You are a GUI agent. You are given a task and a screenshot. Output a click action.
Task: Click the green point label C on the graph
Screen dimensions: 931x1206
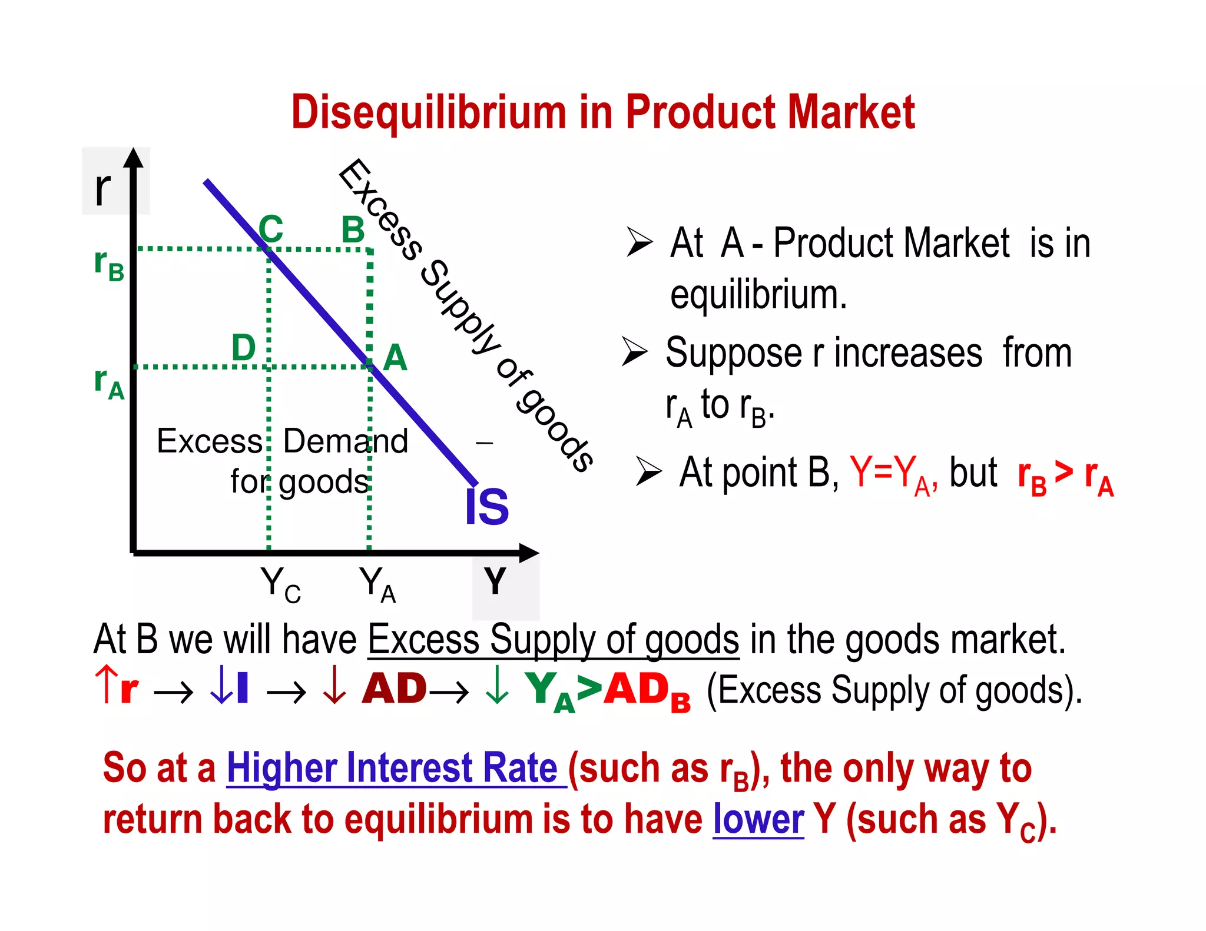click(271, 228)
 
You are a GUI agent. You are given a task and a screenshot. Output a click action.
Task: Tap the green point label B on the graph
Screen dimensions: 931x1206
click(353, 230)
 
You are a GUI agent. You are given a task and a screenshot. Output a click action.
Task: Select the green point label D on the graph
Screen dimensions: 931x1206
click(243, 347)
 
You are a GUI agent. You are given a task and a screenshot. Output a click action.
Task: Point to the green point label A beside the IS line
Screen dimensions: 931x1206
click(395, 357)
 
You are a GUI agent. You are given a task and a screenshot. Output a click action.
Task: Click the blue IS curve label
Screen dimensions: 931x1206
click(486, 507)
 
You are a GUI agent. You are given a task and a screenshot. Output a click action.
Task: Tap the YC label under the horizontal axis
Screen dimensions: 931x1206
click(280, 584)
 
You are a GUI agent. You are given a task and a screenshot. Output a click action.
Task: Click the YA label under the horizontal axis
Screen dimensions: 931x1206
click(377, 584)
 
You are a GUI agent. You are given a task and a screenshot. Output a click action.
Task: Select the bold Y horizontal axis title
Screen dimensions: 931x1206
click(495, 581)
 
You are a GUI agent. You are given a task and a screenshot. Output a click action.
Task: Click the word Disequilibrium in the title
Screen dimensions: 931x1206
click(428, 112)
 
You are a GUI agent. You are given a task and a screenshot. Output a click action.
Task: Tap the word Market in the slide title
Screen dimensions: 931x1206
click(851, 112)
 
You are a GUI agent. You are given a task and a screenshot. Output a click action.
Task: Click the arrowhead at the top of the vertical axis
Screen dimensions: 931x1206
click(134, 158)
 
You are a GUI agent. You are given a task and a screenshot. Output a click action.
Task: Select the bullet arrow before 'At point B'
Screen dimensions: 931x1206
click(648, 472)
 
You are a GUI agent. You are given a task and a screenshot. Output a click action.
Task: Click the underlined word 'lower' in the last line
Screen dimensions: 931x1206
click(758, 819)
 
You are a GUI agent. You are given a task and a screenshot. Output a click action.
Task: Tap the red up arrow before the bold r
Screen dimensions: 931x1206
click(106, 684)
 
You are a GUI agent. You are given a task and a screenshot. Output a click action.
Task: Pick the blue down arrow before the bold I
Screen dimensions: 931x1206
click(220, 686)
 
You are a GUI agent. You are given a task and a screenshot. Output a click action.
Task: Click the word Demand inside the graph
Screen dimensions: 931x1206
click(346, 441)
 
